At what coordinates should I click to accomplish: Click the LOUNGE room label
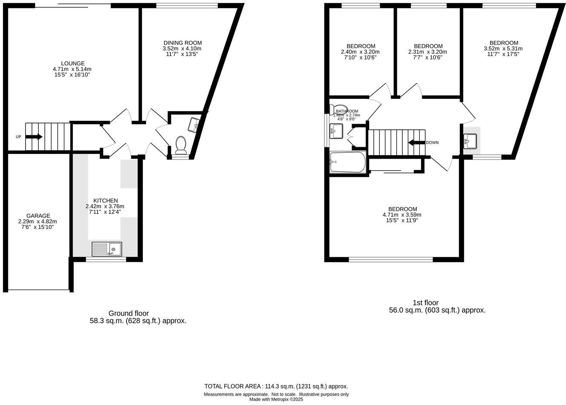(x=72, y=63)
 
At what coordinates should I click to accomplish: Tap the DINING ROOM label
(x=182, y=43)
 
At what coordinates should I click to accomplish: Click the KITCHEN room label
(x=105, y=200)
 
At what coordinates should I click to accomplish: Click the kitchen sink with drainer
(x=107, y=249)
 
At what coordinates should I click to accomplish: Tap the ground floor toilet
(x=181, y=145)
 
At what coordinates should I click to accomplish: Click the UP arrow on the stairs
(x=34, y=137)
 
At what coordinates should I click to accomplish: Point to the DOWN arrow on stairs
(x=416, y=143)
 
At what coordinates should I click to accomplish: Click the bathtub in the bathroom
(x=348, y=162)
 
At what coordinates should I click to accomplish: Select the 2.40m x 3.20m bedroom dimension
(x=360, y=52)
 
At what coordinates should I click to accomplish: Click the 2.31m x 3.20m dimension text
(x=428, y=52)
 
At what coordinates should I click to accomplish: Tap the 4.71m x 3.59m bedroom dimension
(x=402, y=215)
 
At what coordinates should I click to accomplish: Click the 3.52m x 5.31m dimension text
(x=503, y=48)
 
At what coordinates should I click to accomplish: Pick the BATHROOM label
(x=347, y=111)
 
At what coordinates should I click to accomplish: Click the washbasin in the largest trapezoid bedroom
(x=471, y=141)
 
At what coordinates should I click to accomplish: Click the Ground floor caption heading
(x=128, y=313)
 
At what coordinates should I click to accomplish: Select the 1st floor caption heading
(x=425, y=302)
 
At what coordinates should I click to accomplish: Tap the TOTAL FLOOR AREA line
(x=276, y=386)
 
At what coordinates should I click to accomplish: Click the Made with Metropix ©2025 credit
(x=276, y=399)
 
